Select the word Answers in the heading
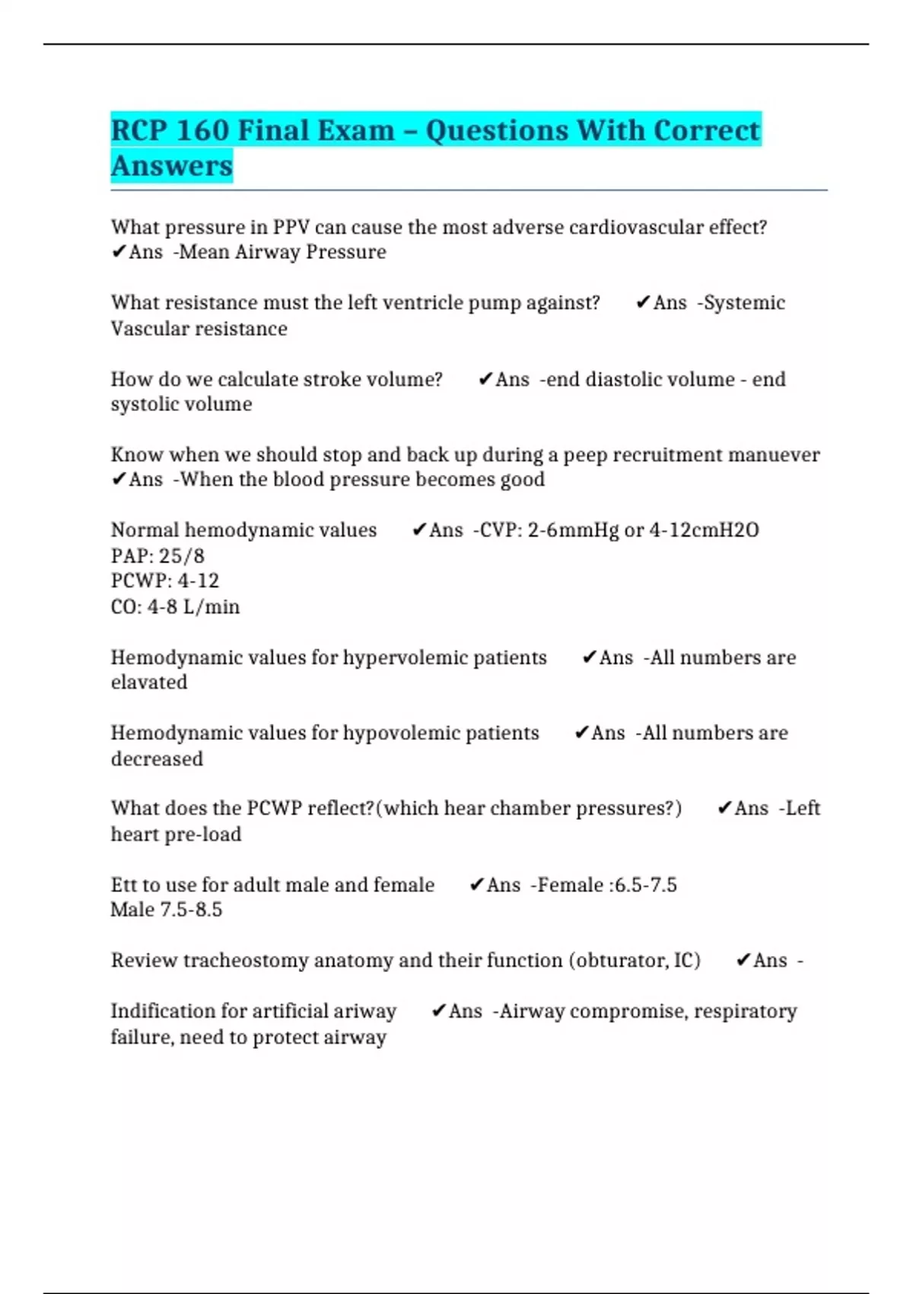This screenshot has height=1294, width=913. pos(172,166)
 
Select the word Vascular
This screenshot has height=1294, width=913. pos(150,329)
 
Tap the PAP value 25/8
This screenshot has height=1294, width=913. pos(182,556)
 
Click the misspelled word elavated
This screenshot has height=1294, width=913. pos(149,682)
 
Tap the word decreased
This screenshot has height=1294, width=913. pos(157,759)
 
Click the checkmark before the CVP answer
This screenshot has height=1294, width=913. pos(418,530)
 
